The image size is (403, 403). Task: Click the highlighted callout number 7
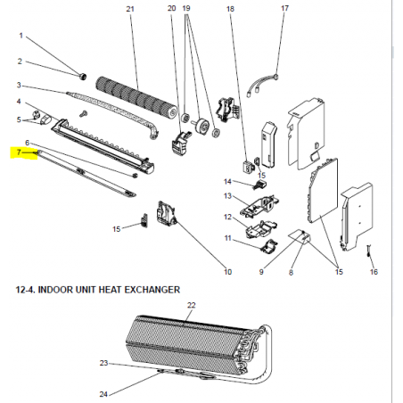19,152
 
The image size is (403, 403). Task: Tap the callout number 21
130,9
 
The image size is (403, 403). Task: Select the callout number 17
284,8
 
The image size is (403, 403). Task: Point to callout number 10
227,272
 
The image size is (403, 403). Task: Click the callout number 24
103,394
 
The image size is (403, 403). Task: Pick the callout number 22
192,305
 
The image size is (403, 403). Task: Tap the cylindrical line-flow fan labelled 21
136,97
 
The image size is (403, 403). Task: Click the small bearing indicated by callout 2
82,77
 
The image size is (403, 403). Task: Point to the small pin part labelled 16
369,251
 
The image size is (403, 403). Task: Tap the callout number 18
230,9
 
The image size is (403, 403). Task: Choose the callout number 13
227,196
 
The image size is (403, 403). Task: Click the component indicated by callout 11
270,246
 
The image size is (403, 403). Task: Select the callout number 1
21,36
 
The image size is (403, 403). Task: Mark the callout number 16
374,272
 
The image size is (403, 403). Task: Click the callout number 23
103,363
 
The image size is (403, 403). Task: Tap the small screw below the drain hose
83,113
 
